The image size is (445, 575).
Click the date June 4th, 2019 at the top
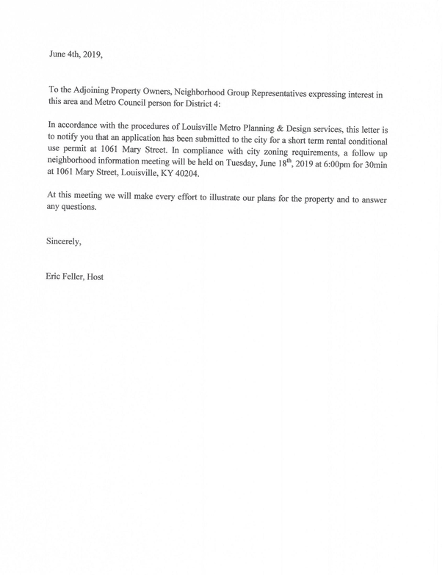point(79,54)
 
